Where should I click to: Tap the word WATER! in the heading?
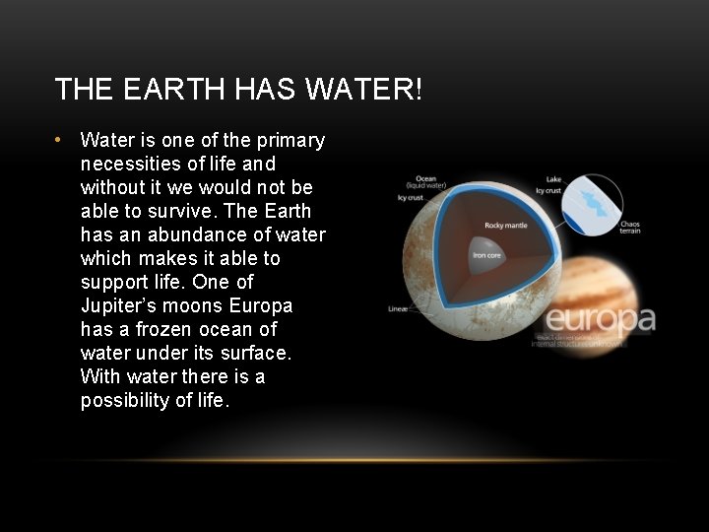coord(364,90)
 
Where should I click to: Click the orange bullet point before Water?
coord(59,139)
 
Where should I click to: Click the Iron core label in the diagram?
coord(486,256)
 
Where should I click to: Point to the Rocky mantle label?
coord(505,226)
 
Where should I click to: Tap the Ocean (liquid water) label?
coord(425,182)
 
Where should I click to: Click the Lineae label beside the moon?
coord(398,308)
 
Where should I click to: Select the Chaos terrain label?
coord(630,227)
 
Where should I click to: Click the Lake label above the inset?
coord(553,178)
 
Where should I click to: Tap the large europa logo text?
coord(600,319)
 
